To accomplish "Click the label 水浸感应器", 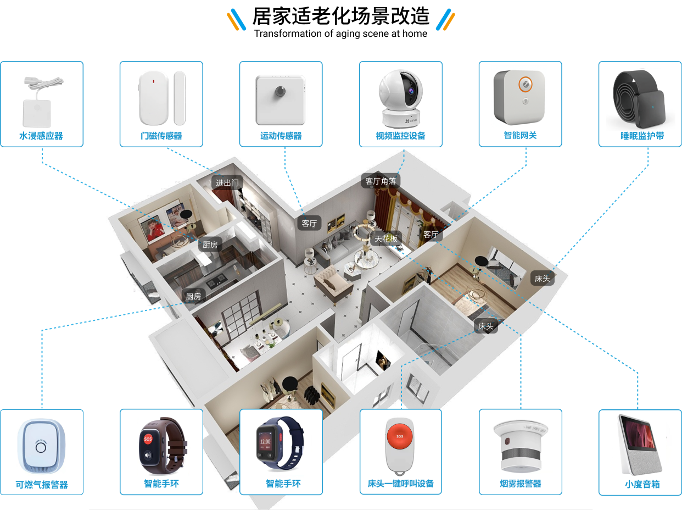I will [41, 136].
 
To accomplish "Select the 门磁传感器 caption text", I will [161, 136].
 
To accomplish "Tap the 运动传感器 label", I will [281, 136].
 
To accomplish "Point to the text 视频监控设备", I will [400, 136].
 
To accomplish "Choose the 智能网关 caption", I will [520, 135].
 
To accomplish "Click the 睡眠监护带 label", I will [640, 136].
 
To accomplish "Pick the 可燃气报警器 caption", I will [42, 485].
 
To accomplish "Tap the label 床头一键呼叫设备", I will [401, 484].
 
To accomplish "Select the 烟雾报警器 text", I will [521, 484].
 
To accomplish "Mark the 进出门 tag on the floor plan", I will [227, 182].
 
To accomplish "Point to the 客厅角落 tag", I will [381, 181].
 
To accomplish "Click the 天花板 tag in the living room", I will [386, 238].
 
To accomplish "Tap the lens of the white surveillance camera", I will [409, 88].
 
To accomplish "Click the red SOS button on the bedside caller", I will [400, 436].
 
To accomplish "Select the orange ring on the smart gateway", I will [526, 84].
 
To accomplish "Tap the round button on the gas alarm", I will [41, 446].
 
